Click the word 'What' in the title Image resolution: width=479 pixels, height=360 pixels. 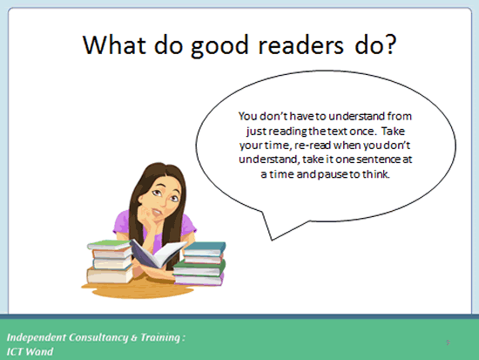114,44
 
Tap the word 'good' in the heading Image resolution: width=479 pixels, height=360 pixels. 219,46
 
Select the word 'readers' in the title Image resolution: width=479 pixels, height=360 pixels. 301,44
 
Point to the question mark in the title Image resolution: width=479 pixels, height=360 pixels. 391,44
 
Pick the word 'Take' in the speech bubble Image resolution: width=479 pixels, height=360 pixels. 393,131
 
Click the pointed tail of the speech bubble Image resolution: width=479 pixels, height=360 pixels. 272,240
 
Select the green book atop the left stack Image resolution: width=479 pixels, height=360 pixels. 110,245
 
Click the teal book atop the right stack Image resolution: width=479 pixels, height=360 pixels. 205,248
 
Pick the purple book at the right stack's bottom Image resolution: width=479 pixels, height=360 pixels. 199,280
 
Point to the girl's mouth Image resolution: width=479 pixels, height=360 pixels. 158,211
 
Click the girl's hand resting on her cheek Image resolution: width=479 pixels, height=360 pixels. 146,214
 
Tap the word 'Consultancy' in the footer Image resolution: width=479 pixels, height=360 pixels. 98,337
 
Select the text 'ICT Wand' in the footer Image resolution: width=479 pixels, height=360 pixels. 30,351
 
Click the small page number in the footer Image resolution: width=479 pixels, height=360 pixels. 449,343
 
